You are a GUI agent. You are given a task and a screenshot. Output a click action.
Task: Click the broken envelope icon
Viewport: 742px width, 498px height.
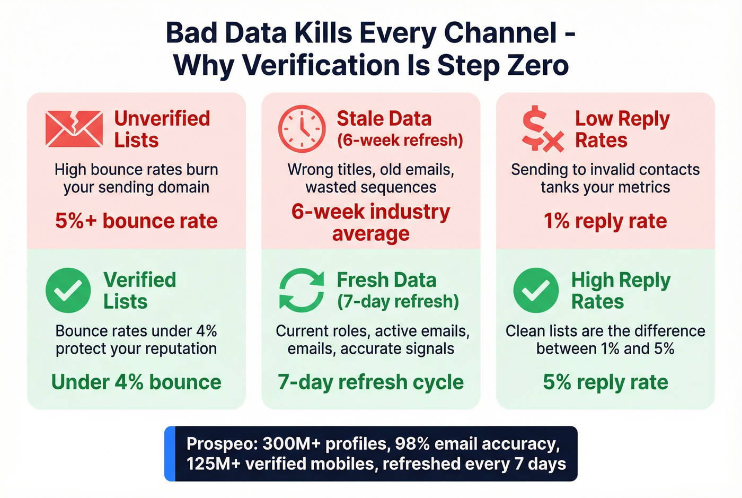(74, 129)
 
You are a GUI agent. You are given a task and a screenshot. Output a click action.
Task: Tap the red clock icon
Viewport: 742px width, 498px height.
(302, 129)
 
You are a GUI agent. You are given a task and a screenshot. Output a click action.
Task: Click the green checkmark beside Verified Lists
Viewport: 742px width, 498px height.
(68, 290)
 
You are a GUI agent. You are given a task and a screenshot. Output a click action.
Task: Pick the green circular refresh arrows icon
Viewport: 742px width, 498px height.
(302, 290)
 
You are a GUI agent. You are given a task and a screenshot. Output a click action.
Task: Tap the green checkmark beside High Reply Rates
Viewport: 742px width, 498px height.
(536, 290)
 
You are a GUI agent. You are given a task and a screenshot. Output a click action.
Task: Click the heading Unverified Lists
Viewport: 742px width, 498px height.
(162, 129)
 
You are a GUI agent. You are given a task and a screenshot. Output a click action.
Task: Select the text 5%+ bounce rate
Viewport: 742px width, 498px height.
(136, 221)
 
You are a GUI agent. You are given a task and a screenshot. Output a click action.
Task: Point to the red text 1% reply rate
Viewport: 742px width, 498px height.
(605, 221)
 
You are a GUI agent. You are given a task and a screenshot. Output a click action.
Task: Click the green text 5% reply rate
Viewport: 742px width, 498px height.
(605, 382)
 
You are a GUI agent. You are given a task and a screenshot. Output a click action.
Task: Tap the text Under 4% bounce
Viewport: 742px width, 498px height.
(136, 382)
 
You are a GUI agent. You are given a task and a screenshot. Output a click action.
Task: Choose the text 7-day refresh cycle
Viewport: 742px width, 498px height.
(370, 382)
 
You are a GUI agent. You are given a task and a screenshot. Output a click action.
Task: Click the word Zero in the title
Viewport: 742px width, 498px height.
(538, 65)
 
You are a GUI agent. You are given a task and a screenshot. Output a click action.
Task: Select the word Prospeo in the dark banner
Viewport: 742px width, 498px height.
(221, 443)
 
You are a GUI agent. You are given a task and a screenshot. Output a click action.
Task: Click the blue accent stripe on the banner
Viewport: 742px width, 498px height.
(170, 453)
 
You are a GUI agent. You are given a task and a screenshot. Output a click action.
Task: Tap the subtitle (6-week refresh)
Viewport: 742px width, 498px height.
(400, 140)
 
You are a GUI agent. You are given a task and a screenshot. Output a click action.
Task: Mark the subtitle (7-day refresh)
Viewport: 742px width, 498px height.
(398, 301)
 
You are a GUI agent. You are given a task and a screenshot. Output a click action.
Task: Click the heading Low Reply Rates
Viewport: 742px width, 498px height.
(622, 129)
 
